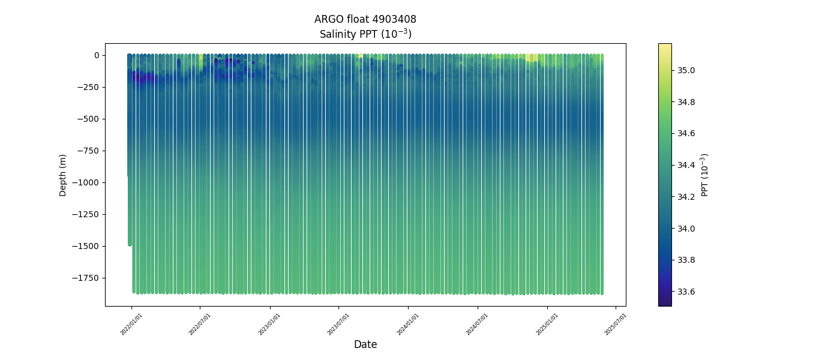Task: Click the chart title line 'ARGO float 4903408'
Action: click(x=365, y=19)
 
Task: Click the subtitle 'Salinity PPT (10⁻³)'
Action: click(x=365, y=34)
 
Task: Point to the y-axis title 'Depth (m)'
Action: click(x=63, y=175)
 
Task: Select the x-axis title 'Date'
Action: click(x=365, y=344)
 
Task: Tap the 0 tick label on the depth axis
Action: click(x=96, y=55)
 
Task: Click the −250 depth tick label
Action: click(x=89, y=87)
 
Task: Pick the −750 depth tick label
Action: click(x=89, y=151)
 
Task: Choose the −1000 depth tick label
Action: click(x=86, y=182)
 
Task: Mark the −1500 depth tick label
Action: click(x=86, y=246)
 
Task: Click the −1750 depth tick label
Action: click(x=86, y=278)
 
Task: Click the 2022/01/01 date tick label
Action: click(x=130, y=324)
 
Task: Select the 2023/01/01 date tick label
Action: click(x=269, y=324)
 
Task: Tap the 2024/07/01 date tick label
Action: click(x=476, y=324)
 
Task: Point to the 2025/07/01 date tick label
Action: click(x=615, y=324)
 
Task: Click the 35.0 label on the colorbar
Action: click(x=686, y=70)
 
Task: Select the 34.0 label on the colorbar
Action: click(x=686, y=229)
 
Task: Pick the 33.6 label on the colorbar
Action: click(x=686, y=292)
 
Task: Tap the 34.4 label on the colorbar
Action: click(x=686, y=165)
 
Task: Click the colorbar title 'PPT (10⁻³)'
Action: click(x=705, y=175)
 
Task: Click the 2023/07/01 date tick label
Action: click(x=338, y=324)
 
